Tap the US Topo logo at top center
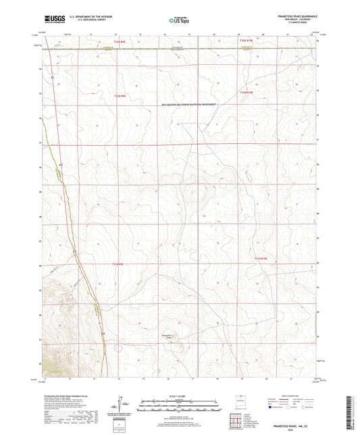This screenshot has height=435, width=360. coord(177,20)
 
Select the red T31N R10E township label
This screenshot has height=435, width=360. coord(261,257)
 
